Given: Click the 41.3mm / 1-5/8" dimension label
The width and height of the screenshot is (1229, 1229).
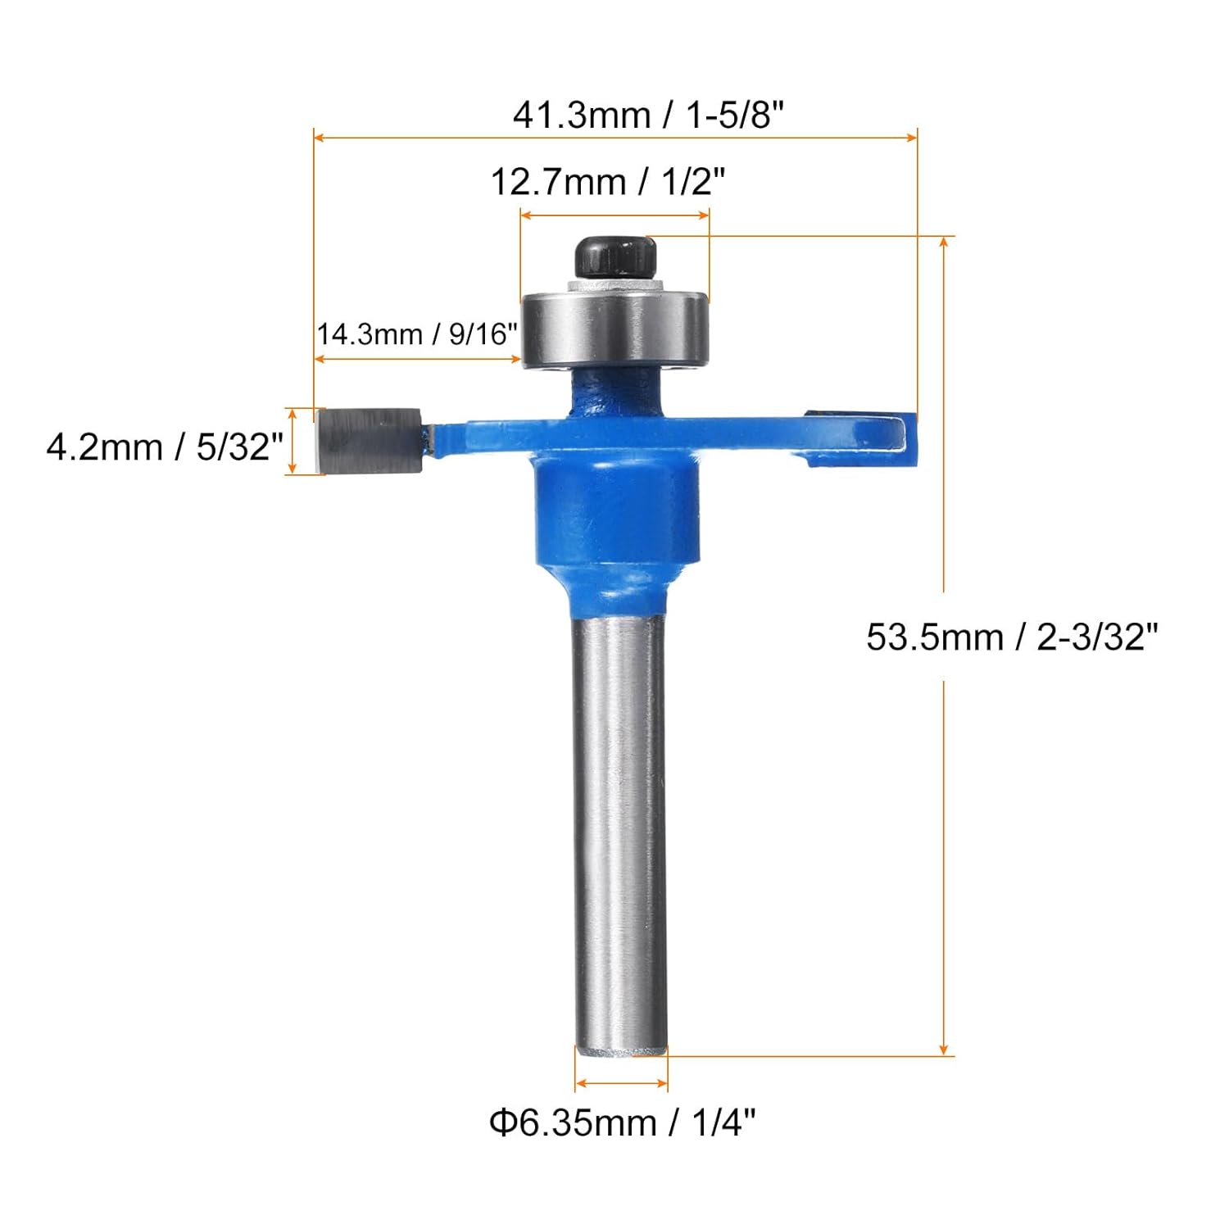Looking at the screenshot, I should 648,115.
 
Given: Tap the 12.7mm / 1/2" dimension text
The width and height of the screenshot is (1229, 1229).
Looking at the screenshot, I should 608,182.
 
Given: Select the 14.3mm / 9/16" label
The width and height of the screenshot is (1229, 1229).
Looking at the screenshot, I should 418,334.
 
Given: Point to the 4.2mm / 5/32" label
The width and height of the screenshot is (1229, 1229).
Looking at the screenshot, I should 165,447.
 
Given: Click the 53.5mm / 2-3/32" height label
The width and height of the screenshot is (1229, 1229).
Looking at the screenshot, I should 1012,637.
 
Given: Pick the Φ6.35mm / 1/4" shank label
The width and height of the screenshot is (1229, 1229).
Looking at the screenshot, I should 623,1122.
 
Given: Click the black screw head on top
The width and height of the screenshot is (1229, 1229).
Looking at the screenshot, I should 616,257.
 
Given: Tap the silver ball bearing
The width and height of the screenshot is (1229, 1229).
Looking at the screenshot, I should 614,328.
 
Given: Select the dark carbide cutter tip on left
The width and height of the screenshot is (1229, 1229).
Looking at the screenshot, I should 369,441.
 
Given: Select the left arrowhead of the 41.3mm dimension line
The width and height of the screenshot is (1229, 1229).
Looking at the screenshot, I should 320,138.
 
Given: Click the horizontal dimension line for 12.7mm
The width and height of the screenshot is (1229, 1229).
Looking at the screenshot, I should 614,215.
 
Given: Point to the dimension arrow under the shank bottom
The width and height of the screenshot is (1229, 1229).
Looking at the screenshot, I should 621,1084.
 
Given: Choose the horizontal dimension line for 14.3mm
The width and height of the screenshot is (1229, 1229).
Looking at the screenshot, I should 418,359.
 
